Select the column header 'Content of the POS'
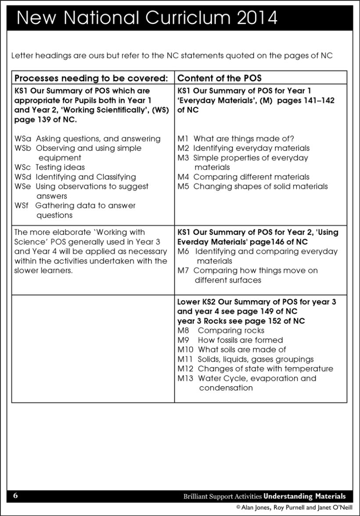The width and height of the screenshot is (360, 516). point(220,78)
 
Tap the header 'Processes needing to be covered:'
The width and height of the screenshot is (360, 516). point(92,78)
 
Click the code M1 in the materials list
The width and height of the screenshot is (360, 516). point(183,139)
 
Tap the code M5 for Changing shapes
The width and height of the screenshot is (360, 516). point(184,186)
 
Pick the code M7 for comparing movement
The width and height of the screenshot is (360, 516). point(184,271)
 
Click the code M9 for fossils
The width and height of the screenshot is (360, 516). point(184,340)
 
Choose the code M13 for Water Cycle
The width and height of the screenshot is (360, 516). point(186,378)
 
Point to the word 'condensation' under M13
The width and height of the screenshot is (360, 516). point(226,388)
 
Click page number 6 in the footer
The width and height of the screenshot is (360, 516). point(15,496)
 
